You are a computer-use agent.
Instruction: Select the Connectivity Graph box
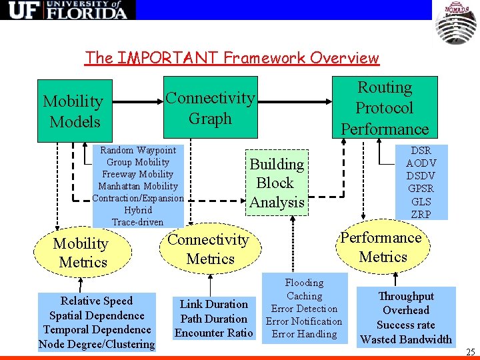[x=210, y=108]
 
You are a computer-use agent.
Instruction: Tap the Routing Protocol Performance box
[x=385, y=108]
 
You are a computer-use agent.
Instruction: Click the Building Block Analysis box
[x=277, y=183]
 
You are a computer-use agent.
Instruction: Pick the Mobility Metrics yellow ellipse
[x=81, y=253]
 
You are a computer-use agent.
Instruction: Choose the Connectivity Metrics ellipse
[x=209, y=249]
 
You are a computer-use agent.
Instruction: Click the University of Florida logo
[x=67, y=10]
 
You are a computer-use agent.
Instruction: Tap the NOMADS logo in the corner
[x=456, y=22]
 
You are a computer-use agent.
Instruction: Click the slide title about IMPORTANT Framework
[x=231, y=58]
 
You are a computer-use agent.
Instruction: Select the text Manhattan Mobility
[x=138, y=186]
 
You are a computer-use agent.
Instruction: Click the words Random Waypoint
[x=138, y=150]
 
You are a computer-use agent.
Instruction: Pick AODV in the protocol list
[x=421, y=163]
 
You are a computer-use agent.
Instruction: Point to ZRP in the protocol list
[x=421, y=214]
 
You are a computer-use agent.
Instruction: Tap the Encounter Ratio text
[x=213, y=333]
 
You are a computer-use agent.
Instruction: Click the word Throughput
[x=405, y=296]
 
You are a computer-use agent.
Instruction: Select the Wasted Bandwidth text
[x=405, y=339]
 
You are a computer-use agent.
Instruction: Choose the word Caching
[x=304, y=295]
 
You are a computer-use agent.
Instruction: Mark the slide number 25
[x=470, y=352]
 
